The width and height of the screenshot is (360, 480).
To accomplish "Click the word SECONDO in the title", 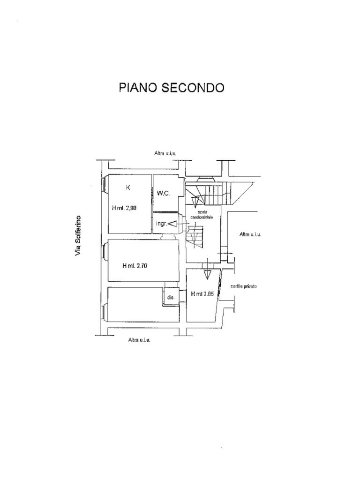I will point(193,88).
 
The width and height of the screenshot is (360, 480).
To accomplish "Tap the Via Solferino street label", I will point(78,236).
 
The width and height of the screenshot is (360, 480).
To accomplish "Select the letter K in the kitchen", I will point(128,188).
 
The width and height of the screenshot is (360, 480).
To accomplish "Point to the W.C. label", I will point(164,193).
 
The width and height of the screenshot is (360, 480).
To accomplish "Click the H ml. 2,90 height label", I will point(124,208).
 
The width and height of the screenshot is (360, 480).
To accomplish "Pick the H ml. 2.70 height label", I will point(135,266).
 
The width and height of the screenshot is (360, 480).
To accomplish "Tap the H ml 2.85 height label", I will point(203,295).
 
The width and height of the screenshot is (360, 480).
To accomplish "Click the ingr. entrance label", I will point(161,224).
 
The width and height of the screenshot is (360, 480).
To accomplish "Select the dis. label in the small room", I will point(171,297).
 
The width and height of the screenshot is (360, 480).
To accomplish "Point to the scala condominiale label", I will point(202,216).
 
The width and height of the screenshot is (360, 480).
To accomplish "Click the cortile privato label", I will point(244,286).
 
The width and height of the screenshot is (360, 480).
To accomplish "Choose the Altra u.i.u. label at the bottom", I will point(139,340).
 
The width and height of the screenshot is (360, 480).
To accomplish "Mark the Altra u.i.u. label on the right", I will point(250,234).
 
